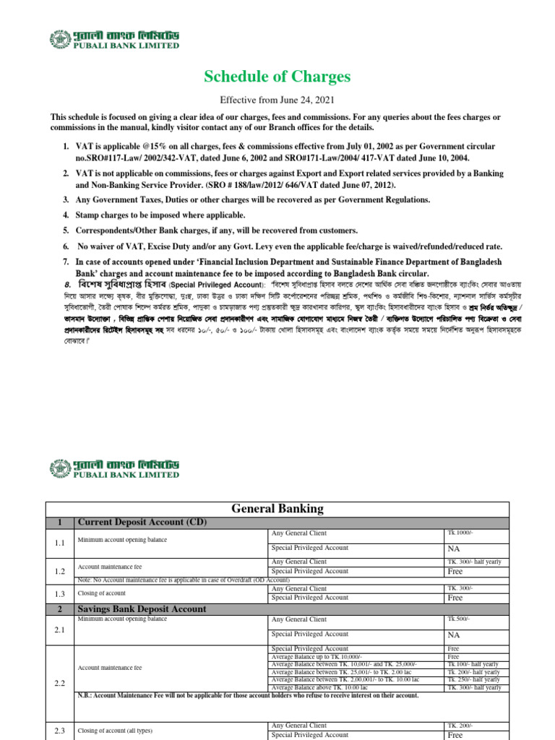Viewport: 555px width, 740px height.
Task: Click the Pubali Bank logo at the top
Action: [114, 40]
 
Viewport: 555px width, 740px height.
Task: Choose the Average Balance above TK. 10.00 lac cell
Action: [323, 688]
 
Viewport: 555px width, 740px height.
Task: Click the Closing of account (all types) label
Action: [115, 731]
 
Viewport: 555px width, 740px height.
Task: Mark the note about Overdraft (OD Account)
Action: [184, 580]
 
